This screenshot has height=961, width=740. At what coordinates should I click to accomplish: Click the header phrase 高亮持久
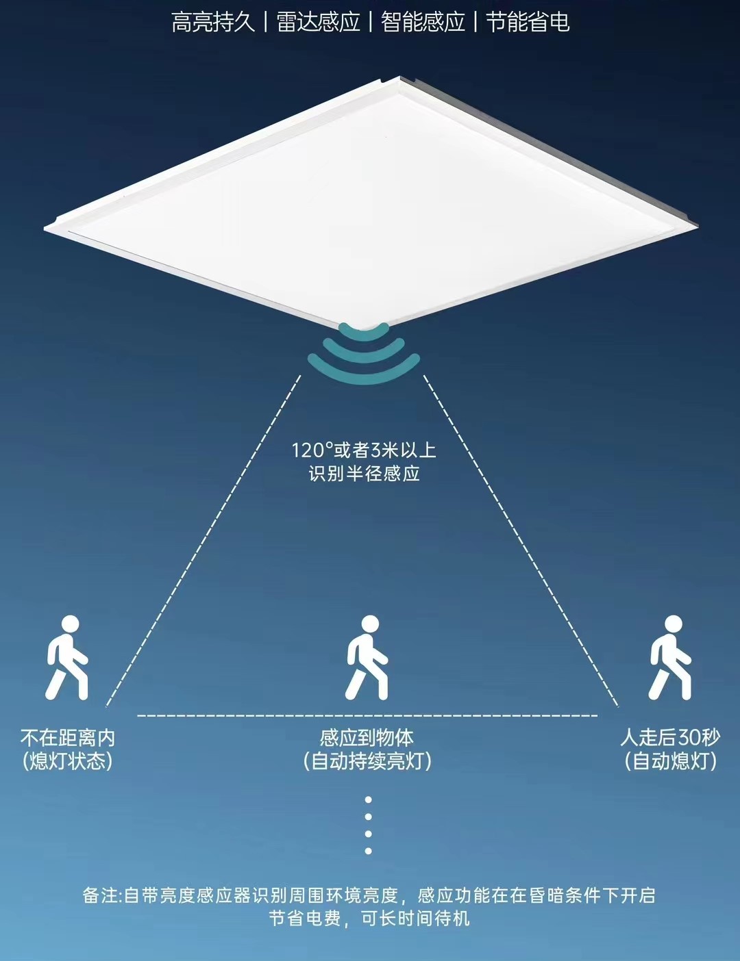coord(212,23)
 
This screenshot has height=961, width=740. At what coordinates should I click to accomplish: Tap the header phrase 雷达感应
coord(318,23)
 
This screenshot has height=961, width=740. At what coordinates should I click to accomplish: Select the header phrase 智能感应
coord(423,23)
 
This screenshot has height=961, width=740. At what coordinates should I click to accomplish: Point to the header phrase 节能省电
coord(528,23)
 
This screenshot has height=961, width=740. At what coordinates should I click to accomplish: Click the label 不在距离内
coord(68,738)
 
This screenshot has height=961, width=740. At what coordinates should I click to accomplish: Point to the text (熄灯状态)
coord(67,761)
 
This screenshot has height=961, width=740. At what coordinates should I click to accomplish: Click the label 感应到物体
coord(367,738)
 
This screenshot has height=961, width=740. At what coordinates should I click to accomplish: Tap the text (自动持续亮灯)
coord(367,761)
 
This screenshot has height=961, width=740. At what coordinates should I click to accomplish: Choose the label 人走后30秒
coord(670,738)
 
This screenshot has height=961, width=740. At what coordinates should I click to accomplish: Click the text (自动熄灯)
coord(670,761)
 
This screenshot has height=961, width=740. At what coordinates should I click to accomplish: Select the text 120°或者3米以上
coord(364,450)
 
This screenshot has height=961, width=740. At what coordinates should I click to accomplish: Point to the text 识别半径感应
coord(364,473)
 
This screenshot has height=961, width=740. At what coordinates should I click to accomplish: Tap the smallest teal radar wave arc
coord(363,334)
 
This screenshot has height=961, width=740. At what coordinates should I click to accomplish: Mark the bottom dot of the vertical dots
coord(369,851)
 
